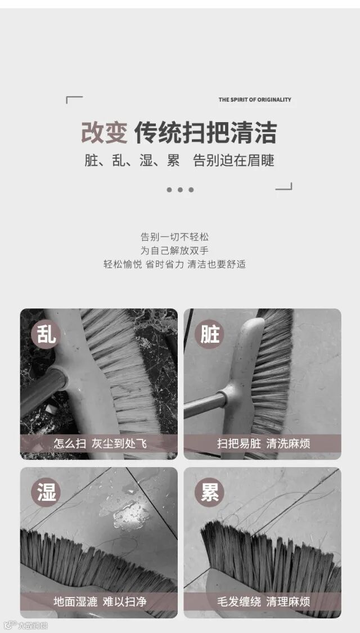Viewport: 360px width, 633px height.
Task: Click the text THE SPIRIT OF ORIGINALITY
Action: pos(255,100)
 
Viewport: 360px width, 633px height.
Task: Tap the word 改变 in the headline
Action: pos(105,132)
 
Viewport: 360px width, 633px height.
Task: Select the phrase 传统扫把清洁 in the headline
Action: pos(206,132)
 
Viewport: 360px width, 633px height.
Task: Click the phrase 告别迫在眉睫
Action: pos(234,161)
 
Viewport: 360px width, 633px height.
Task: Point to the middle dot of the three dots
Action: pos(180,190)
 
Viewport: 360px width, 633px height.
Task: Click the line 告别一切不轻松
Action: pos(175,237)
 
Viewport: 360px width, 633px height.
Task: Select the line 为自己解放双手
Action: pos(175,251)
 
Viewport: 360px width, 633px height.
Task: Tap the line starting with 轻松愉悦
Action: pos(175,264)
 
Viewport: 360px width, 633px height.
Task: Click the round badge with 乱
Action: pos(46,334)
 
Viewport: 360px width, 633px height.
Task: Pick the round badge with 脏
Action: pos(209,334)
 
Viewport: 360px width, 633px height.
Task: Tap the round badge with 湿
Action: pos(46,492)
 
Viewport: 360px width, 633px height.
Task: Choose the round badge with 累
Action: pos(209,492)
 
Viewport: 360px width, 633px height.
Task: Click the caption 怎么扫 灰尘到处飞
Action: pos(100,444)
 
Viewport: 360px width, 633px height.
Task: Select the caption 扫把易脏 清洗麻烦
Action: pos(264,444)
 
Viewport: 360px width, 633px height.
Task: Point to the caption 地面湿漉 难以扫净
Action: pos(100,602)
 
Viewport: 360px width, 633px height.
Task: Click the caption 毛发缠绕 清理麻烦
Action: pos(264,602)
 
